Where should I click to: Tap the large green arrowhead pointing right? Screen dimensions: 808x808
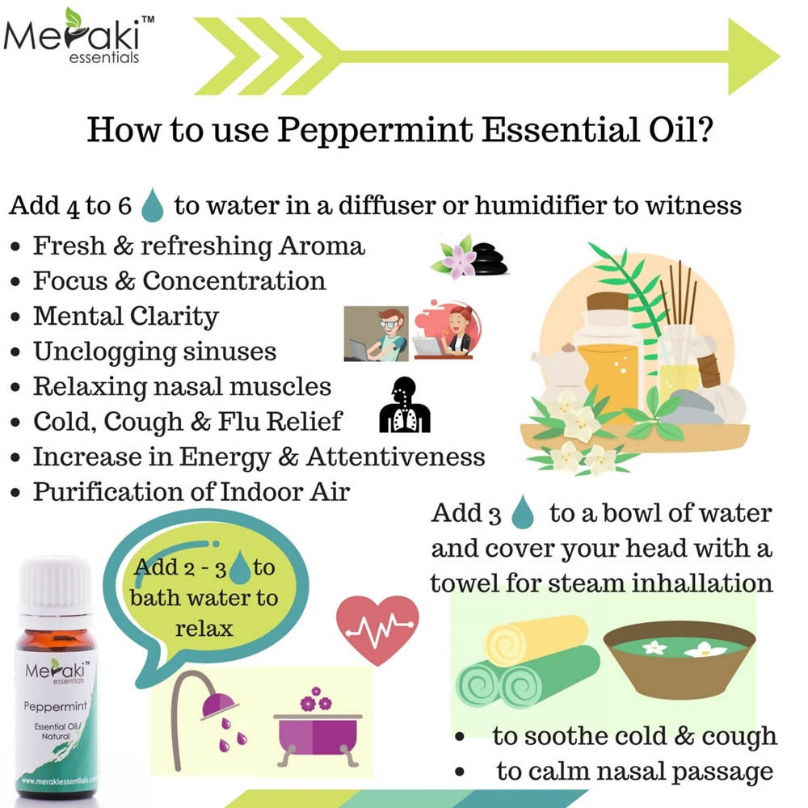(751, 57)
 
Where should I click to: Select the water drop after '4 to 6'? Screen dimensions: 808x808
(152, 206)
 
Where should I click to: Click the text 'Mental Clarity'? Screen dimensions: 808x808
(125, 316)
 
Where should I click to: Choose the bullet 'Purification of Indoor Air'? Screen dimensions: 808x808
(191, 491)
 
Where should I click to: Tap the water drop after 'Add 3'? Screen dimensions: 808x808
(525, 513)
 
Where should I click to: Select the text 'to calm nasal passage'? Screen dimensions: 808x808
(634, 772)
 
